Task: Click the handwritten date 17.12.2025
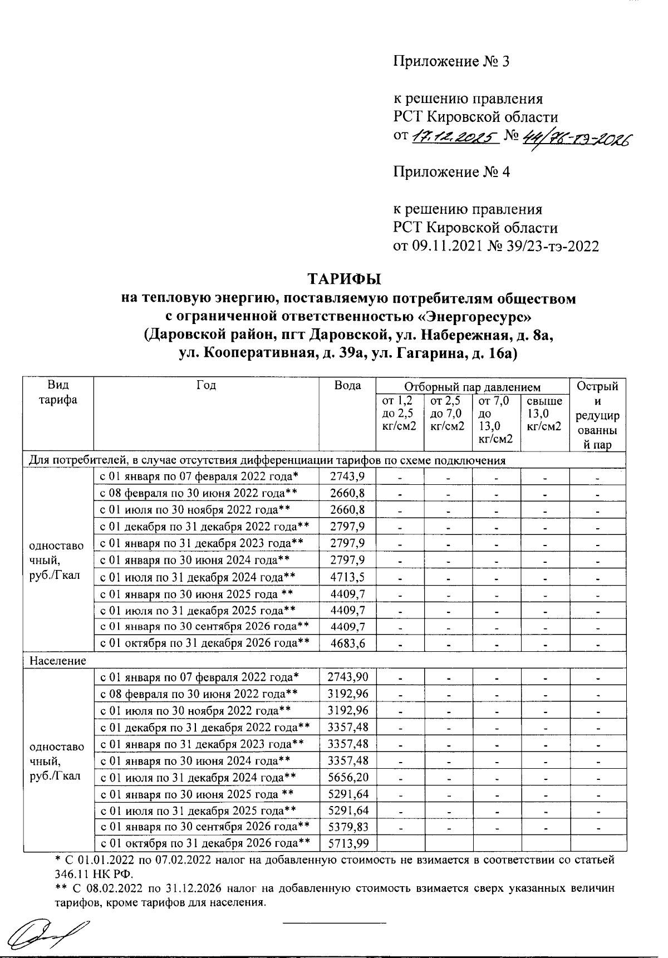[454, 136]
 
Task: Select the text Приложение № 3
[451, 61]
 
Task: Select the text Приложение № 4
[451, 172]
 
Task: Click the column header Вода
[347, 386]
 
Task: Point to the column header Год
[206, 385]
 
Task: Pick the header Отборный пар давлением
[472, 387]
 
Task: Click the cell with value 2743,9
[347, 476]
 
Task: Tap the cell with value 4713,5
[347, 577]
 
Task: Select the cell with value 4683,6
[347, 643]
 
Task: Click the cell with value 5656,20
[348, 777]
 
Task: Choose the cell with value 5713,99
[348, 844]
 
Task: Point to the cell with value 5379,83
[348, 827]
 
